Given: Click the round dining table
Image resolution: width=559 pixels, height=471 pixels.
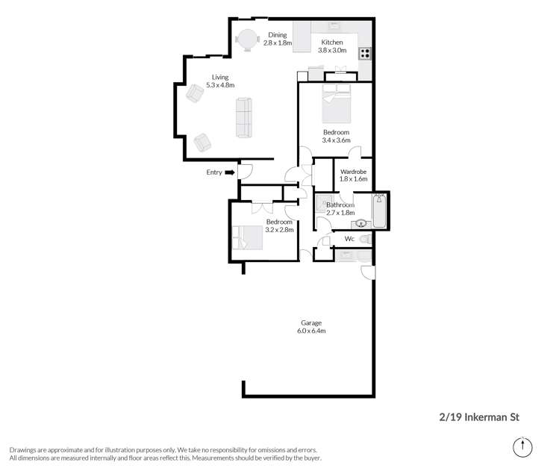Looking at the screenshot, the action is coord(248,40).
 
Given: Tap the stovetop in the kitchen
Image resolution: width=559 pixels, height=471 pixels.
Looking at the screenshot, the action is coord(365,54).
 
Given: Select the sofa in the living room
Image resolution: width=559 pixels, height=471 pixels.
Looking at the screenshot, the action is coord(244,118).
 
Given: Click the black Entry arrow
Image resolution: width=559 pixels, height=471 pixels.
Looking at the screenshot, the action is coord(230,172).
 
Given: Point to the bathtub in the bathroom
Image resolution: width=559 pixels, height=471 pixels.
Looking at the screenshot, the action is coord(379,210).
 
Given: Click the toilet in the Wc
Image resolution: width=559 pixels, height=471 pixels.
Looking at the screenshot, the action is coord(366,240).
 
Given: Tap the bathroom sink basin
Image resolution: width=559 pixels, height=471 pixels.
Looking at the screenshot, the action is coord(361,224).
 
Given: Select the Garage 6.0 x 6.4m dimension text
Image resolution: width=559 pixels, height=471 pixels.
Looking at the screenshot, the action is coord(311,331).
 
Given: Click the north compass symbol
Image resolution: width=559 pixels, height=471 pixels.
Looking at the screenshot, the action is coord(522,447).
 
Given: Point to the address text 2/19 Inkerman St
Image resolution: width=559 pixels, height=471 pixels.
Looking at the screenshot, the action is coord(479,417).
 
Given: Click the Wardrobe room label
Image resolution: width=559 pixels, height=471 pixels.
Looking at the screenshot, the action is coord(353,172).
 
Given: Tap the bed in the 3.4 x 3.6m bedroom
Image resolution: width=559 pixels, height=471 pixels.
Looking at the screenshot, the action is coord(336,104).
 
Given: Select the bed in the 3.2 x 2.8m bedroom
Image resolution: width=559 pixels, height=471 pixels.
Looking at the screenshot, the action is coord(248,238).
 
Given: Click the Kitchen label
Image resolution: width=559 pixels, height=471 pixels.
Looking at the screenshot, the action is coord(332,42).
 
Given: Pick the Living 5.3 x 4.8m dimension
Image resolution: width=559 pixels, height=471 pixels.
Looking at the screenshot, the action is coord(220,85).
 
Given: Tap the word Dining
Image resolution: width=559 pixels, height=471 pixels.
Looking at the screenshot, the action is coord(278,35).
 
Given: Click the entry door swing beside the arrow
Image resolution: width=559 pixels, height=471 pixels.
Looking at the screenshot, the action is coord(246,172).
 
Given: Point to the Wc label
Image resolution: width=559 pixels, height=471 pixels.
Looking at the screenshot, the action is coord(349,239).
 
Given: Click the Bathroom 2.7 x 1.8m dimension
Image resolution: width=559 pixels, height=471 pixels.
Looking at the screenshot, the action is coord(340,213).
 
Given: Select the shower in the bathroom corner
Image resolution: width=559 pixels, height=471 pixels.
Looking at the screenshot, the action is coord(324,202).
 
